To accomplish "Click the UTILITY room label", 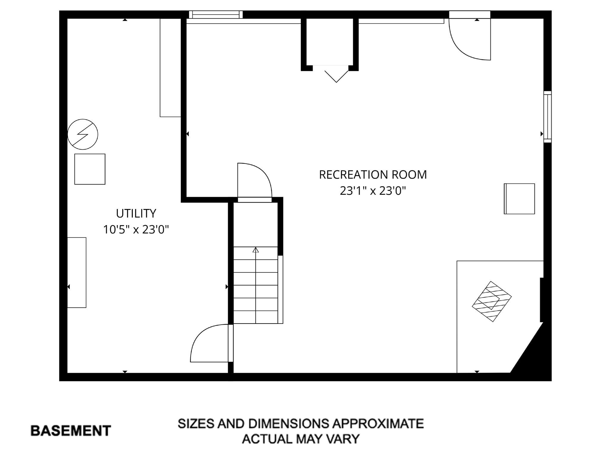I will click(x=136, y=213).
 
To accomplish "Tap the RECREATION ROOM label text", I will click(x=373, y=175).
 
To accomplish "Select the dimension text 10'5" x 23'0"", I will click(x=136, y=230).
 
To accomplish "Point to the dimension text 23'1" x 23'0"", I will click(x=373, y=191).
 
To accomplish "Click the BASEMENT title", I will click(x=71, y=431).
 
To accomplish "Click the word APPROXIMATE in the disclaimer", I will click(x=378, y=424).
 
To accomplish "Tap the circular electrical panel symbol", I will click(x=83, y=134).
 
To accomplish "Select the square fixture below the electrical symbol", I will click(x=90, y=169).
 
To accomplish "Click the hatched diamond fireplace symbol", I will click(x=492, y=301).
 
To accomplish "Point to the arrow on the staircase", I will click(x=256, y=250).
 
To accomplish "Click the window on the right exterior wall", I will click(x=547, y=117).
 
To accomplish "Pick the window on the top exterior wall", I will click(x=216, y=15).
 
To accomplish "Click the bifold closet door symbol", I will click(x=336, y=75).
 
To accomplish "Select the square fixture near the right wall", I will click(x=519, y=199).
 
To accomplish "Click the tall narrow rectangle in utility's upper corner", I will click(x=170, y=68).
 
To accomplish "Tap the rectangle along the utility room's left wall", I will click(x=77, y=273).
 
